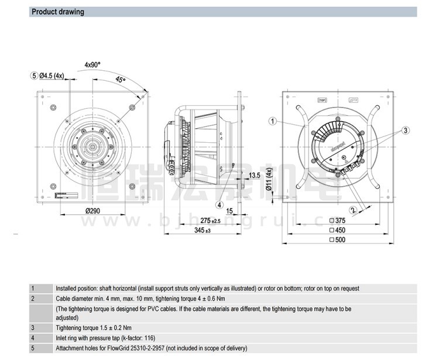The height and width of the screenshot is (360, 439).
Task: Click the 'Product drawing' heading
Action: (57, 12)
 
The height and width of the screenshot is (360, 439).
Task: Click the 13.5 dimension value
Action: (254, 175)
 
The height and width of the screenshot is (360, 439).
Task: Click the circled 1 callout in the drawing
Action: (273, 121)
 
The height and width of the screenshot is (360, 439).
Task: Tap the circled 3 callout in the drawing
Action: (404, 130)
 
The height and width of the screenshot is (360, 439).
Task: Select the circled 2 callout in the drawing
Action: (353, 210)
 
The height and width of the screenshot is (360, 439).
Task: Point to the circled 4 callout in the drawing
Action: (220, 204)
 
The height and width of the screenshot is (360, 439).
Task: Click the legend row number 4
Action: (33, 338)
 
